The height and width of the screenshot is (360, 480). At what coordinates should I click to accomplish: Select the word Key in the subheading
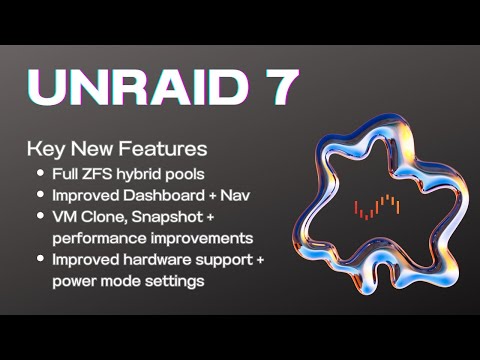pyautogui.click(x=47, y=150)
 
